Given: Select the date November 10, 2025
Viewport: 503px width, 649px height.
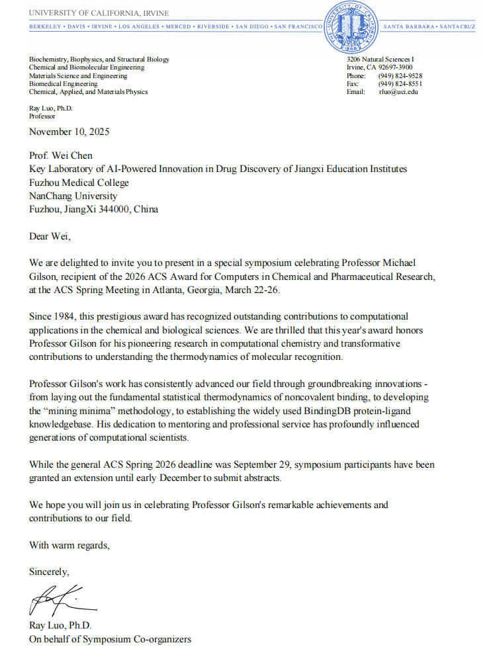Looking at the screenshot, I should click(69, 131).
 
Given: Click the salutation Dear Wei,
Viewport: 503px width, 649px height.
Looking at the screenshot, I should click(50, 236).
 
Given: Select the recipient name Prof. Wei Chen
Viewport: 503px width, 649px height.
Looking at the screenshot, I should click(61, 156).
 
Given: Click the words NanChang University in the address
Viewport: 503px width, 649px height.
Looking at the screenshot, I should click(73, 196).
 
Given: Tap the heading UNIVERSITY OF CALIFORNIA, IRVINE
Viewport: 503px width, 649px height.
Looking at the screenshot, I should click(99, 13).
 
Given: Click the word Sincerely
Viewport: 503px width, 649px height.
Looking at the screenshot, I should click(49, 572).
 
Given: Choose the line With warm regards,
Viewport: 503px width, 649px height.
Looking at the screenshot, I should click(69, 545).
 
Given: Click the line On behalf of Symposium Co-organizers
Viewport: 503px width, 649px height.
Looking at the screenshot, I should click(110, 639).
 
